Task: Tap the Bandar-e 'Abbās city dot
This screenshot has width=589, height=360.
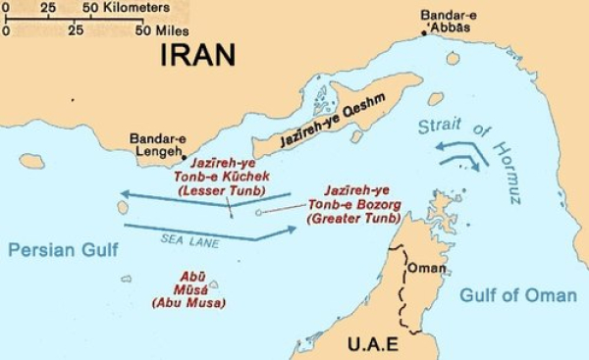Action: pos(425,33)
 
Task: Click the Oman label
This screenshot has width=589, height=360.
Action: pos(428,267)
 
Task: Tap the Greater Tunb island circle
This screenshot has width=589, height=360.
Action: pos(258,211)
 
